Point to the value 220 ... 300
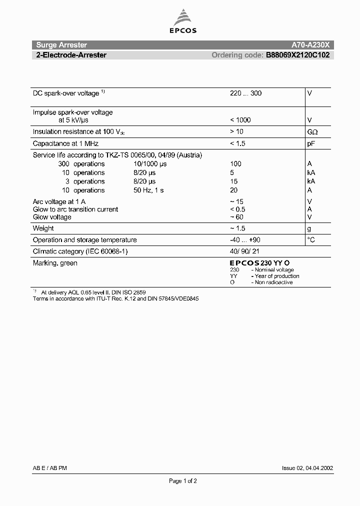245,93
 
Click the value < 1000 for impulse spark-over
240,120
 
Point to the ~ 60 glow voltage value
237,217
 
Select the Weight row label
43,228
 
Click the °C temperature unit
311,240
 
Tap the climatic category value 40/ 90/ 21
245,251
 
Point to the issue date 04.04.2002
318,468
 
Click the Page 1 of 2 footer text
183,481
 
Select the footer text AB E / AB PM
50,468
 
